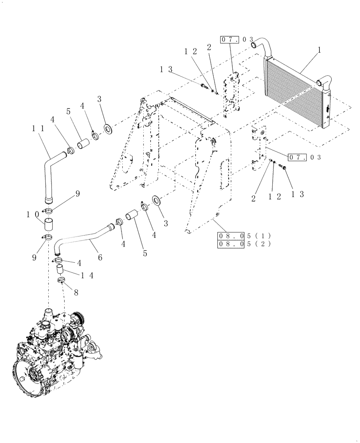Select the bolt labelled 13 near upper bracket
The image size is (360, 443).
click(x=204, y=87)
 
